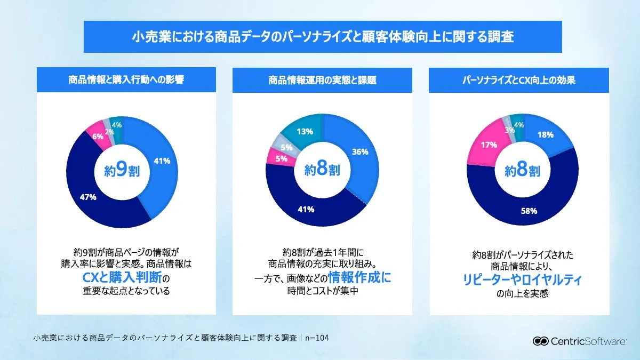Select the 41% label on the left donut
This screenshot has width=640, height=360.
click(x=162, y=161)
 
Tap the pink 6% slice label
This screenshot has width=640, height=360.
click(x=98, y=137)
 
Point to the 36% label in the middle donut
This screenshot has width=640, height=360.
click(x=360, y=151)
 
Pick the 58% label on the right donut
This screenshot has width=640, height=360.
click(x=529, y=211)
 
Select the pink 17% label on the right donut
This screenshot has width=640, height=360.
click(x=489, y=145)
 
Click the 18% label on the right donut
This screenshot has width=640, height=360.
click(x=545, y=135)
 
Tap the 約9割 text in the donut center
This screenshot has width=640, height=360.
click(x=122, y=171)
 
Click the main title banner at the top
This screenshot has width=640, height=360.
click(x=323, y=37)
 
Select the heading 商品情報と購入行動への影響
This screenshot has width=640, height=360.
click(x=126, y=81)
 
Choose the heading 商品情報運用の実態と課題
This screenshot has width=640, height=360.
click(x=322, y=81)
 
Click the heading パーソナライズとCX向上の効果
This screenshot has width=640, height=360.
click(x=519, y=81)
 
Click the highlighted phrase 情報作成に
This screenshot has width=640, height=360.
click(x=359, y=277)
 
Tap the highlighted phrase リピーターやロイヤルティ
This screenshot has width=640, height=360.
click(x=522, y=280)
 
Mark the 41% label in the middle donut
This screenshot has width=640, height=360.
click(x=306, y=209)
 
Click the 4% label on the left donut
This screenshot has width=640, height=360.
click(x=117, y=125)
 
